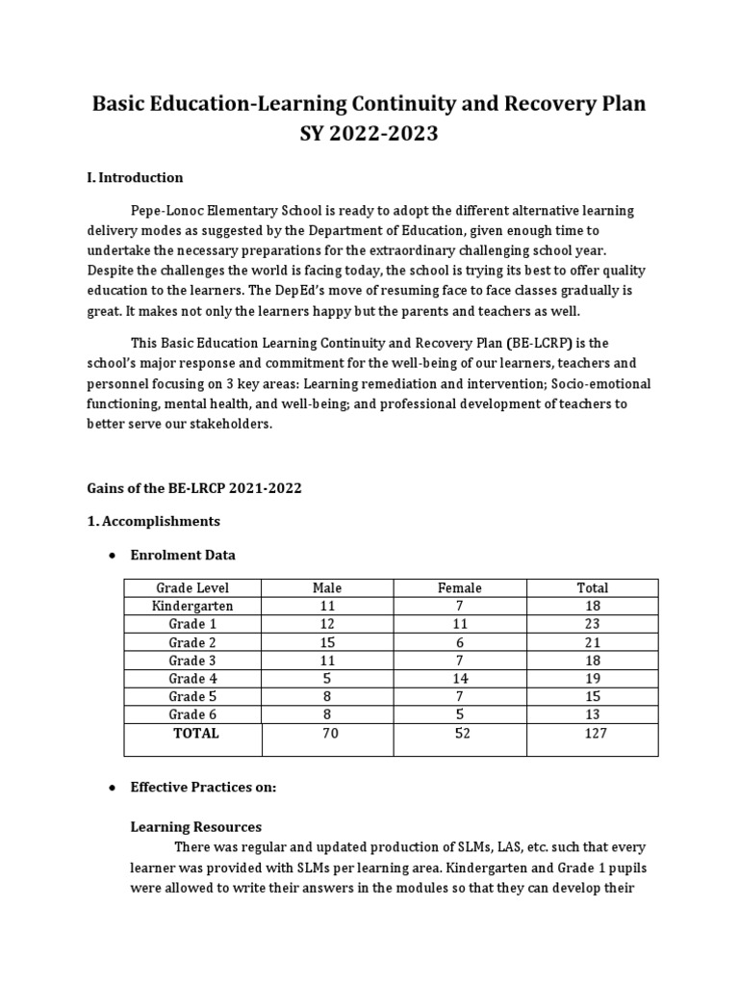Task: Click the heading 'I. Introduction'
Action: [135, 177]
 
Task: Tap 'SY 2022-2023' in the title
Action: [369, 134]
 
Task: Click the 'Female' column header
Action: [459, 587]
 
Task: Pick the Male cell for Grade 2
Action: [327, 642]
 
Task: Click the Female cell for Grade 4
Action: [459, 678]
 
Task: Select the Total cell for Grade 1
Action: [592, 624]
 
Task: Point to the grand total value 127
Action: [592, 733]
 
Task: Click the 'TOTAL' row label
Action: [195, 733]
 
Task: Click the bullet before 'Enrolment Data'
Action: [113, 556]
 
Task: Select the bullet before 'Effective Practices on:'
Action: [113, 788]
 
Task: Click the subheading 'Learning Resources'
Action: [195, 826]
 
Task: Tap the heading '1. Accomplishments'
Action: [153, 521]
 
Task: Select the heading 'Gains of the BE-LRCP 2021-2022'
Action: [193, 488]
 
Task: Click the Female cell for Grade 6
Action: [459, 714]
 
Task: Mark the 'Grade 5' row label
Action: [192, 696]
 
